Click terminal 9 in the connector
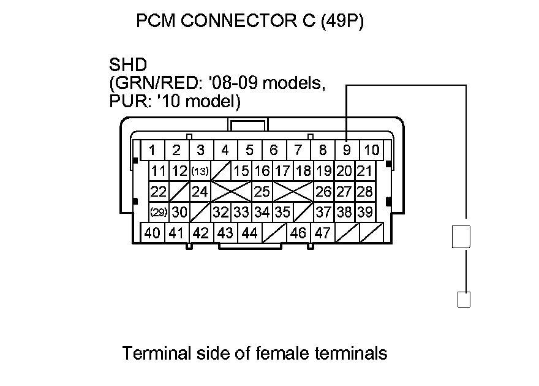point(347,150)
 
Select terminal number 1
point(153,150)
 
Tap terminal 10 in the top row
point(371,150)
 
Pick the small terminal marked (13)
point(200,171)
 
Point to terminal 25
point(262,192)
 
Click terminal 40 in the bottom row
point(153,233)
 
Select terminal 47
point(323,233)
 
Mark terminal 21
point(365,171)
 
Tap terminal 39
point(365,212)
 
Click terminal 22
point(159,192)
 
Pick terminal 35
point(282,212)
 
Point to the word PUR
point(123,100)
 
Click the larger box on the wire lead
point(461,237)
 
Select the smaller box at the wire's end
point(464,300)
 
